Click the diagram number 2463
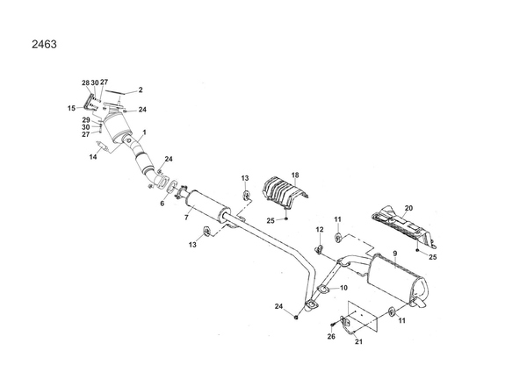point(44,45)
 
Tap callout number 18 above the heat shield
point(295,175)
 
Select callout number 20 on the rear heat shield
point(408,208)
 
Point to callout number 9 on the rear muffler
point(395,254)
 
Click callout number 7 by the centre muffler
point(186,218)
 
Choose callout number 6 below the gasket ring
point(162,204)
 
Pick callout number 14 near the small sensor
point(93,157)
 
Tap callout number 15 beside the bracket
point(71,109)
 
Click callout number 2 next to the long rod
point(141,90)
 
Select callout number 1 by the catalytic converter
point(145,132)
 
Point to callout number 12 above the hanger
point(320,230)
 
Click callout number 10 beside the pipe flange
point(343,288)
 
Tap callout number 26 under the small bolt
point(331,336)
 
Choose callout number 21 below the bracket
point(358,342)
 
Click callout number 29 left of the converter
point(86,120)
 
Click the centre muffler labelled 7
point(207,206)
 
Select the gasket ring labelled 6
point(172,187)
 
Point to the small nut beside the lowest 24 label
point(296,317)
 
